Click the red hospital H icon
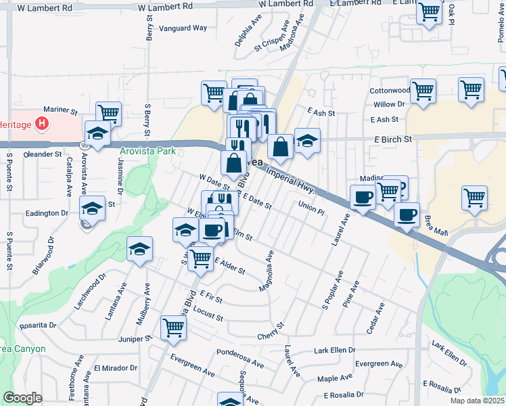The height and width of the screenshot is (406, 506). [43, 123]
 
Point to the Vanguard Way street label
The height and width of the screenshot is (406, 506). [183, 28]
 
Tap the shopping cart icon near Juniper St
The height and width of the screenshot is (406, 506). [174, 328]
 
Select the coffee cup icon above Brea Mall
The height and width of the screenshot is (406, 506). [407, 215]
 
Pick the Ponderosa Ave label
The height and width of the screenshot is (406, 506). [240, 357]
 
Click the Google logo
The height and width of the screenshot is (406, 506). [22, 398]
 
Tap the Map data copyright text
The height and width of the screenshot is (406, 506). [477, 401]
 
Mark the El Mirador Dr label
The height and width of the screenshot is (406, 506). [116, 368]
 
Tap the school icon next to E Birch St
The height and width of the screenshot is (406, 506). [307, 141]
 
